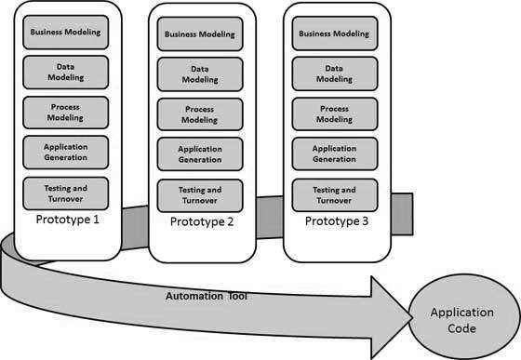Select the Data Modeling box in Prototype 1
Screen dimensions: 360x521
click(65, 73)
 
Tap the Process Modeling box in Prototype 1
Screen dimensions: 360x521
click(65, 113)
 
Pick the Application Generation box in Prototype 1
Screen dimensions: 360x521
click(65, 153)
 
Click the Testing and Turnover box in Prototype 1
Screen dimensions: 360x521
click(65, 193)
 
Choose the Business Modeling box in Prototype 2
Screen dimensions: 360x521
click(198, 35)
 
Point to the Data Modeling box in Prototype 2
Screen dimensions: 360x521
click(198, 74)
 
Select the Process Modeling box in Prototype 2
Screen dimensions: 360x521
click(198, 115)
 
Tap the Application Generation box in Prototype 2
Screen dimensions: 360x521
click(198, 154)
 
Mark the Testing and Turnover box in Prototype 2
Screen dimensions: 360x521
click(198, 194)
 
